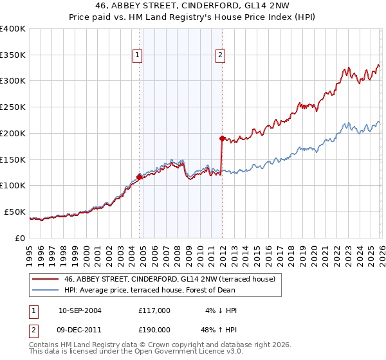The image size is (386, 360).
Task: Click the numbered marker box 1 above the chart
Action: click(138, 56)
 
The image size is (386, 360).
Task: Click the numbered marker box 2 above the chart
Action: click(221, 56)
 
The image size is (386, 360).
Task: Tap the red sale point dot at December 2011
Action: click(222, 138)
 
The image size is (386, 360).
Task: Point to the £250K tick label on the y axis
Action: click(13, 107)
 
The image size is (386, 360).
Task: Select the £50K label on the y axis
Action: click(15, 212)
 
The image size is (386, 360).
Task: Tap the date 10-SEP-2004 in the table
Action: click(80, 310)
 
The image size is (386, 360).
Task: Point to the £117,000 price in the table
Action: click(154, 310)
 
